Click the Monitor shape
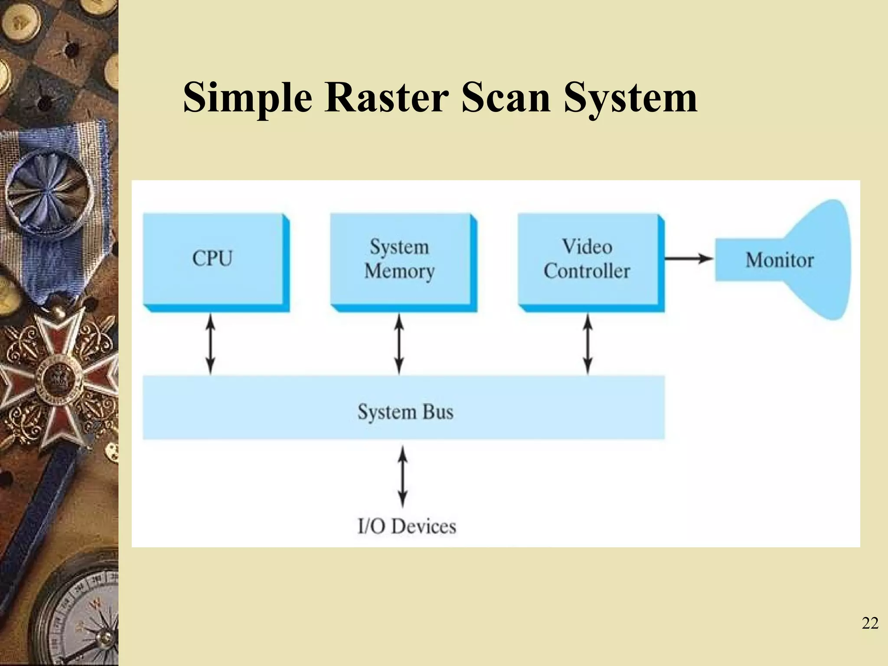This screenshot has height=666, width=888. click(x=780, y=260)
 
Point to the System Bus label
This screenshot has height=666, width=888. click(x=405, y=412)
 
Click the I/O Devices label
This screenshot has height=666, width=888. click(x=407, y=526)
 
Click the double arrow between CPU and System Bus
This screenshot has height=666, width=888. click(x=210, y=344)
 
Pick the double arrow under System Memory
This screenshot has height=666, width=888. click(x=399, y=344)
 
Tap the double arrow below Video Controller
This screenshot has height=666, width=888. click(x=588, y=344)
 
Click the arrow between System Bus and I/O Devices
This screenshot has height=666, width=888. click(x=403, y=477)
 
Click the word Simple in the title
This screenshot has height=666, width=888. click(x=248, y=98)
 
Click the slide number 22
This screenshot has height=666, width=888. click(x=870, y=624)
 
